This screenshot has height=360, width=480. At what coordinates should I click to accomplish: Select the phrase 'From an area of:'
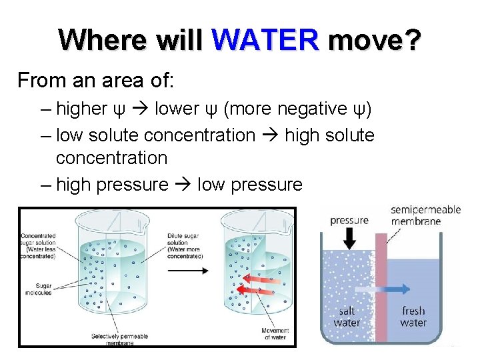click(95, 81)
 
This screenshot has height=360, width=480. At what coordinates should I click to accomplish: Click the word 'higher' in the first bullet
click(82, 109)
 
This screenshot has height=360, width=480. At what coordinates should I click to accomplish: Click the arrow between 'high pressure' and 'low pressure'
click(183, 185)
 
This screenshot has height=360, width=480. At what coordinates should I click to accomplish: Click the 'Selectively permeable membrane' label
click(120, 339)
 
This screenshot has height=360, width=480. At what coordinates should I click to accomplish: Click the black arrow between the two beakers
click(187, 270)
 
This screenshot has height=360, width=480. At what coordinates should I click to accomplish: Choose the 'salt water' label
click(347, 316)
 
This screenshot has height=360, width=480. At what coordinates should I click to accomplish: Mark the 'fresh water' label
click(413, 316)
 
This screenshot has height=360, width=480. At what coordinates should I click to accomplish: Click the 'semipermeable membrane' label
click(425, 215)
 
